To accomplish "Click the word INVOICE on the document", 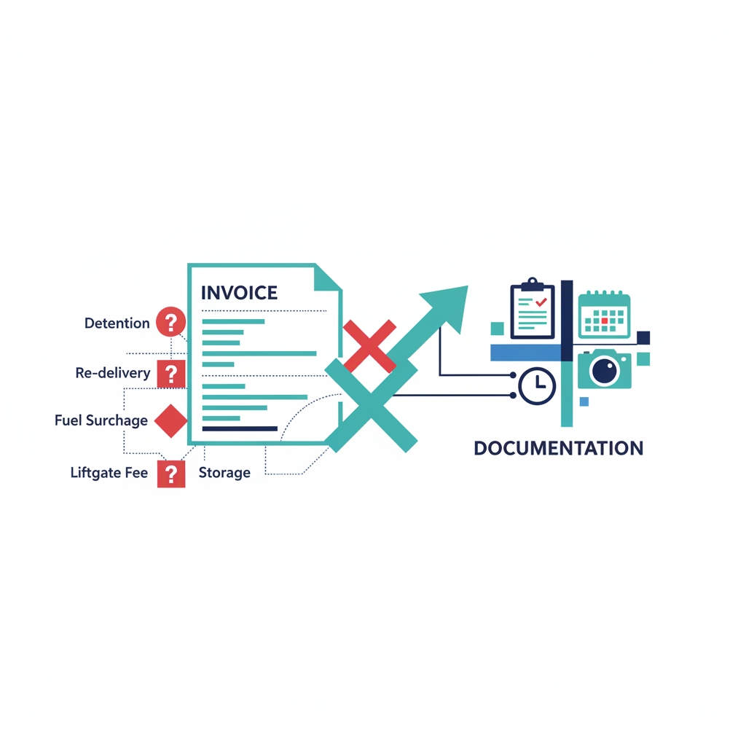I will tap(239, 293).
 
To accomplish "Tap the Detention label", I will tap(117, 323).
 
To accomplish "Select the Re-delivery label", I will tap(113, 373).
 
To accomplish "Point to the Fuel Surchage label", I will tap(101, 420).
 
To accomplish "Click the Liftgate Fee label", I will tap(109, 472).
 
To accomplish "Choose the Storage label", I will tap(224, 472).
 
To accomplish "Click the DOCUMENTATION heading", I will tap(558, 448).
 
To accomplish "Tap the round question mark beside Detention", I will tap(171, 321).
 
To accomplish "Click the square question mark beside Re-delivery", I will tap(171, 374).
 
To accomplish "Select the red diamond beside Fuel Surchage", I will tap(171, 421).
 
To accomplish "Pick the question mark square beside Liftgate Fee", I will tap(171, 474).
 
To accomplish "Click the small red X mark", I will tap(369, 345).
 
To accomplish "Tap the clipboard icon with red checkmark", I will tap(533, 310).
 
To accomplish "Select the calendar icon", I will tap(604, 315).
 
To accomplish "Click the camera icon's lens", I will tap(605, 371).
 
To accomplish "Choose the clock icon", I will tap(537, 385).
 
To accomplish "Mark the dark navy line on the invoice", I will tap(240, 429).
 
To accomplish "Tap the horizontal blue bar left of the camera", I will tap(525, 353).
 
